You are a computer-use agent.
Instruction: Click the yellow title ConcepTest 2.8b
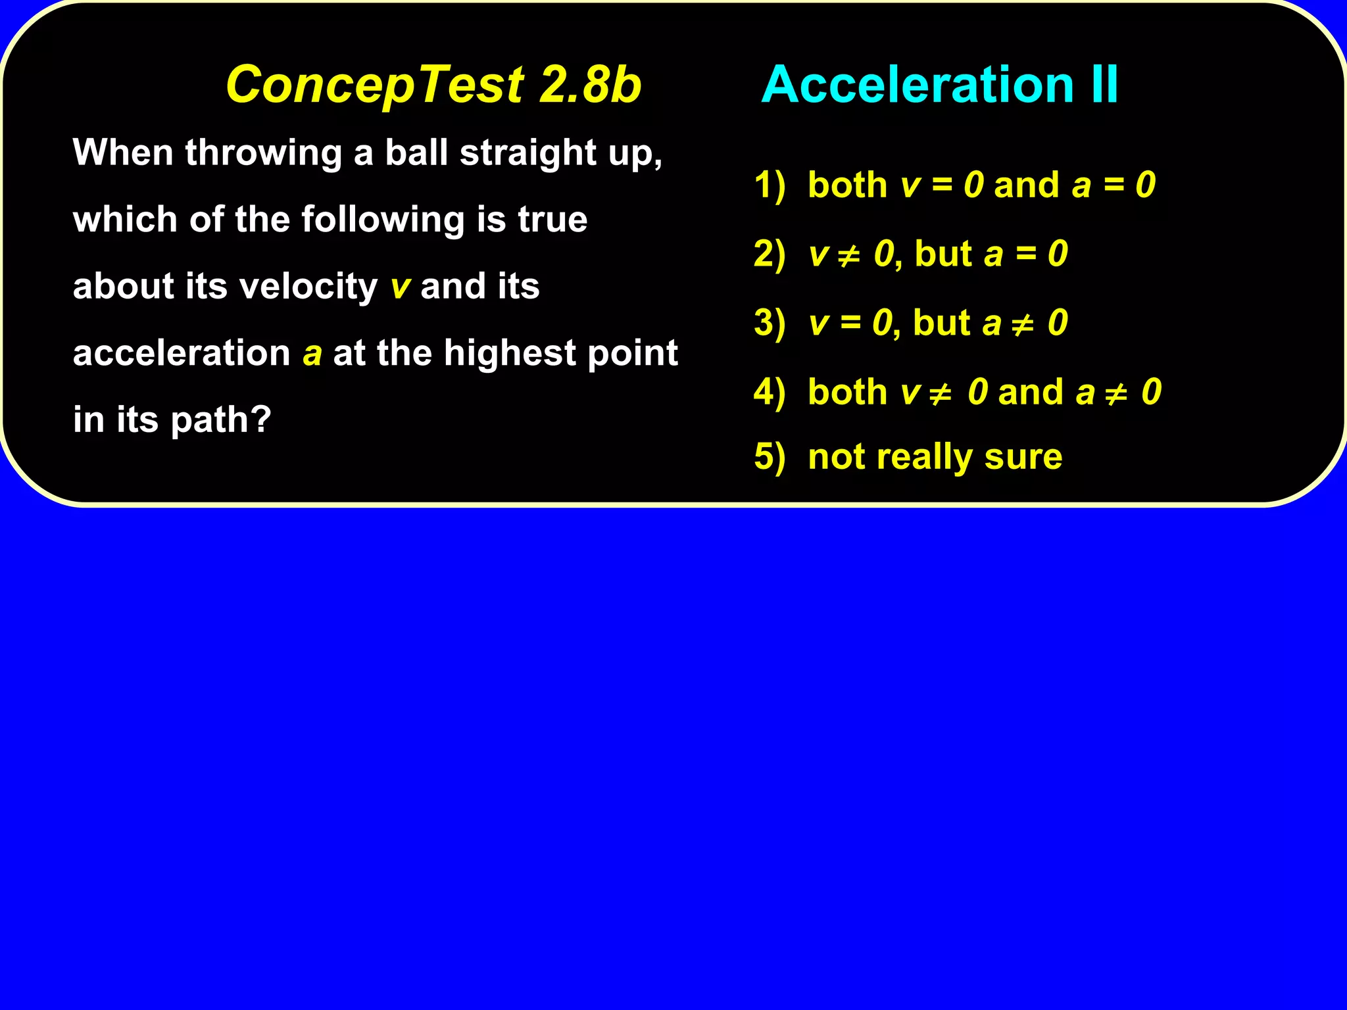(x=433, y=85)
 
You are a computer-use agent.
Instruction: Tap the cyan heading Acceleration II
(x=939, y=85)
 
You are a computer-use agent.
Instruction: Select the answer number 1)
(x=770, y=185)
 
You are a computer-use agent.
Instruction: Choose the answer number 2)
(x=770, y=254)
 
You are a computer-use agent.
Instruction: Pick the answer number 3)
(x=770, y=323)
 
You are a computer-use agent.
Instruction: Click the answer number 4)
(x=770, y=392)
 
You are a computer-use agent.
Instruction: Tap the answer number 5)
(x=770, y=456)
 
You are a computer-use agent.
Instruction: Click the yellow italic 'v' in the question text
(x=400, y=287)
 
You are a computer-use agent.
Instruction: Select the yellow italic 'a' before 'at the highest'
(x=312, y=354)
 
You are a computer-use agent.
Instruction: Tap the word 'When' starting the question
(x=123, y=153)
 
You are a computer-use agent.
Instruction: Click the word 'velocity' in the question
(x=308, y=287)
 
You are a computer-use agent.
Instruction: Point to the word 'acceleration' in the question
(x=182, y=353)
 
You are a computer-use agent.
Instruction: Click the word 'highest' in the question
(x=510, y=353)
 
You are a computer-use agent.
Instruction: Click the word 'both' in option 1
(x=847, y=185)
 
